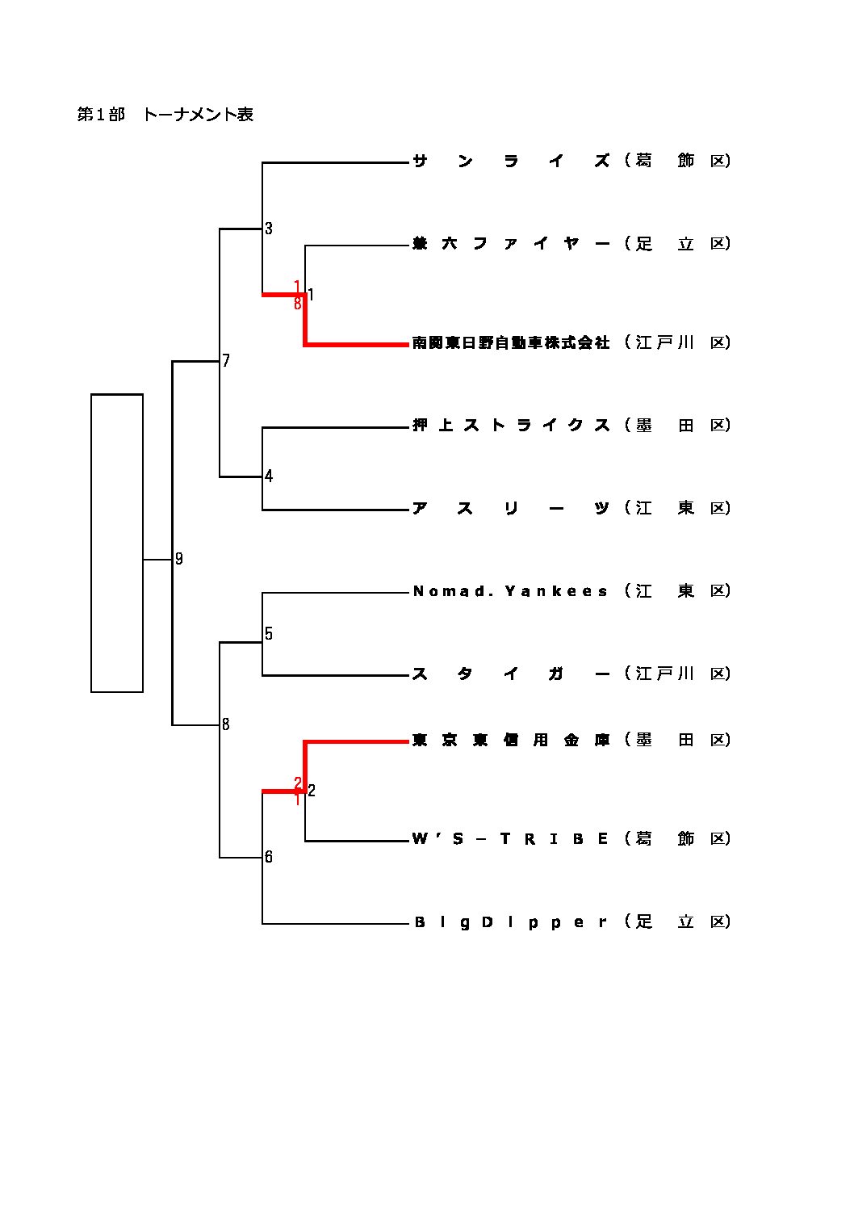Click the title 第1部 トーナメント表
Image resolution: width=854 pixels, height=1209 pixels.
click(x=165, y=115)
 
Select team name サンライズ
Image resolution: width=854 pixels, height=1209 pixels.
click(x=511, y=161)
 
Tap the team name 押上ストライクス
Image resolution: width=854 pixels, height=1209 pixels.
click(x=511, y=426)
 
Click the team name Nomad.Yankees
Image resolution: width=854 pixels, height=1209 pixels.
click(x=511, y=591)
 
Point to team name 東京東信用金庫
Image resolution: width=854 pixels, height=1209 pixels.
click(x=511, y=740)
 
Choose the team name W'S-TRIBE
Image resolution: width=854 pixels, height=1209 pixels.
click(x=511, y=839)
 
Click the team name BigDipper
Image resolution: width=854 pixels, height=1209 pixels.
click(x=511, y=922)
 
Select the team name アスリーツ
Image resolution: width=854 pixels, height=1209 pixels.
click(x=511, y=508)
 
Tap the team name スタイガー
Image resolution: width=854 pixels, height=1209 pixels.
click(x=511, y=674)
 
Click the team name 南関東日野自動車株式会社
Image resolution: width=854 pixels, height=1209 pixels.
click(x=511, y=342)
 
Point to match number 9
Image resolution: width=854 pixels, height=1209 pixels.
click(x=179, y=559)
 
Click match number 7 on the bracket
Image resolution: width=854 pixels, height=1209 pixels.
click(x=226, y=361)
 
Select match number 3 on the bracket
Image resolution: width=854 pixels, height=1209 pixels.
click(x=269, y=229)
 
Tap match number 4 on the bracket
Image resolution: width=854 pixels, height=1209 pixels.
click(x=269, y=476)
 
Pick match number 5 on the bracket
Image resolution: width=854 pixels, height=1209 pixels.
click(x=269, y=634)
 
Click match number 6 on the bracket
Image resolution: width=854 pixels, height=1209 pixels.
click(x=269, y=857)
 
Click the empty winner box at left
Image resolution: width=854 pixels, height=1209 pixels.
click(x=117, y=543)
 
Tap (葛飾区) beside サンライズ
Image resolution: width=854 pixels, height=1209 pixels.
click(x=677, y=161)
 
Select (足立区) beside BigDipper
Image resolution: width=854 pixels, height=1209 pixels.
click(x=677, y=922)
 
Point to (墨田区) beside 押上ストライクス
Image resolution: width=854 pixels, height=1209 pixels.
click(x=677, y=426)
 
